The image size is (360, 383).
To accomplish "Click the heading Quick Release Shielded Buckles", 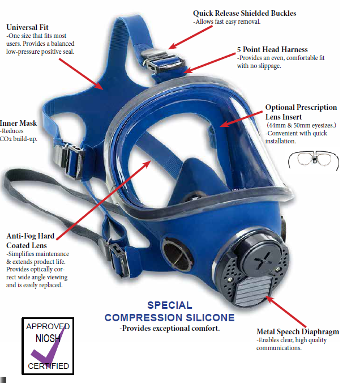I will pyautogui.click(x=244, y=13).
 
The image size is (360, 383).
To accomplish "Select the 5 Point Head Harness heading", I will pyautogui.click(x=272, y=50).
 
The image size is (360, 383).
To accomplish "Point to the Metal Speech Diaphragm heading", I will pyautogui.click(x=298, y=331).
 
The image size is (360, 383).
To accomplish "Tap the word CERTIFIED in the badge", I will pyautogui.click(x=49, y=366).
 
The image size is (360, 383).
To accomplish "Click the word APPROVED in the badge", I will pyautogui.click(x=48, y=326).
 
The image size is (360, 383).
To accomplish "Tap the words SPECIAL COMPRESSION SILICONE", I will pyautogui.click(x=169, y=312).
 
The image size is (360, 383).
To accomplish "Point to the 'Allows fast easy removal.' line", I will pyautogui.click(x=227, y=22).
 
